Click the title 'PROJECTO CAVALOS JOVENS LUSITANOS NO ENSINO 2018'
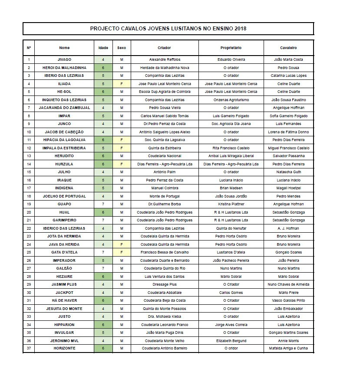[x=168, y=29]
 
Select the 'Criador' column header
[x=165, y=48]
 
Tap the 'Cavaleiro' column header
[x=288, y=48]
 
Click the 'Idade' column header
[x=103, y=48]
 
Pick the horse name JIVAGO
[x=64, y=59]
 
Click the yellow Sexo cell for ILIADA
[x=122, y=84]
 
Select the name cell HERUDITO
[x=64, y=156]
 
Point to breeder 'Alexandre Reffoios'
[x=165, y=59]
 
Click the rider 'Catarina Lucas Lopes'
[x=288, y=76]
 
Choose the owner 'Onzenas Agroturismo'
[x=231, y=100]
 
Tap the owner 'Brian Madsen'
[x=231, y=188]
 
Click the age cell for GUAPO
[x=103, y=204]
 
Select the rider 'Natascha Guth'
[x=288, y=172]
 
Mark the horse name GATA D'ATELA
[x=64, y=252]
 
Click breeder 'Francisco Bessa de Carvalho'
[x=165, y=252]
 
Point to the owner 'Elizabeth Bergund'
[x=231, y=340]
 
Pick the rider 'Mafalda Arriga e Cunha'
[x=288, y=349]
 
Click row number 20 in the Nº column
[x=29, y=212]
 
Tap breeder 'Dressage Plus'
[x=165, y=284]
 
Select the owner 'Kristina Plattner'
[x=231, y=204]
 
